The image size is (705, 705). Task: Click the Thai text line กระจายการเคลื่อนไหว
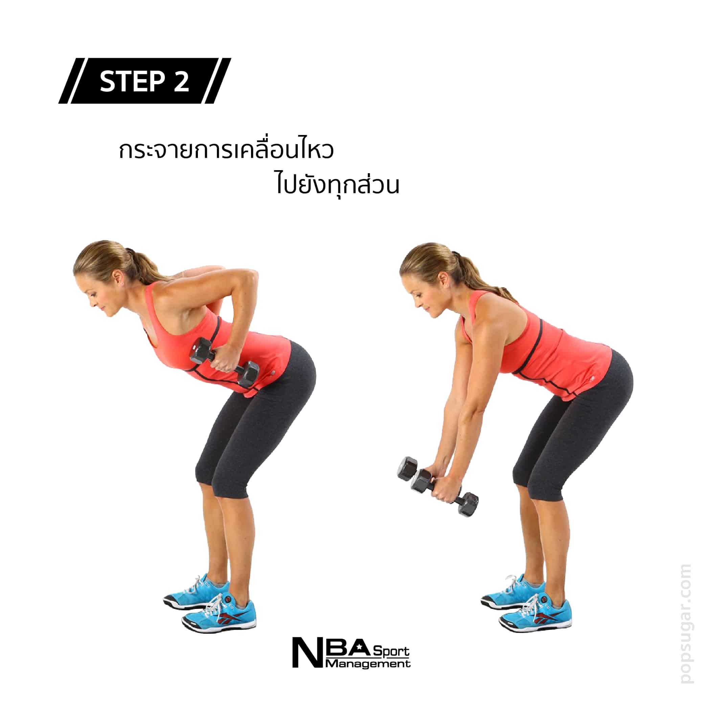point(226,150)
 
